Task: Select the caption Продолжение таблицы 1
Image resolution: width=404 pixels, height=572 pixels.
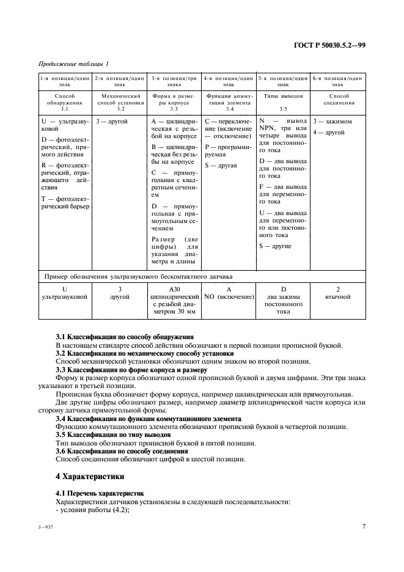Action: [73, 64]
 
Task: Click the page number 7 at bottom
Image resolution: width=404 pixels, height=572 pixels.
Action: [363, 526]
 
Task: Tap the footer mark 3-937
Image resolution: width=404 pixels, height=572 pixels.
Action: [46, 526]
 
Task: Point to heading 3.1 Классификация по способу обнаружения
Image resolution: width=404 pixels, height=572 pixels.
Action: [125, 337]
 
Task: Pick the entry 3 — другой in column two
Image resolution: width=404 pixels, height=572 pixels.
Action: [111, 122]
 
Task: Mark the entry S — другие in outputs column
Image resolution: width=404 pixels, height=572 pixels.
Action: [275, 246]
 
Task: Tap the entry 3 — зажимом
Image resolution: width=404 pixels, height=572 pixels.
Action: [332, 122]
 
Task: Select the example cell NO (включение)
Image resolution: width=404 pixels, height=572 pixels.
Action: [229, 296]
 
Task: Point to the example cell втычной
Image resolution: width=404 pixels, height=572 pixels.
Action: [337, 296]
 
